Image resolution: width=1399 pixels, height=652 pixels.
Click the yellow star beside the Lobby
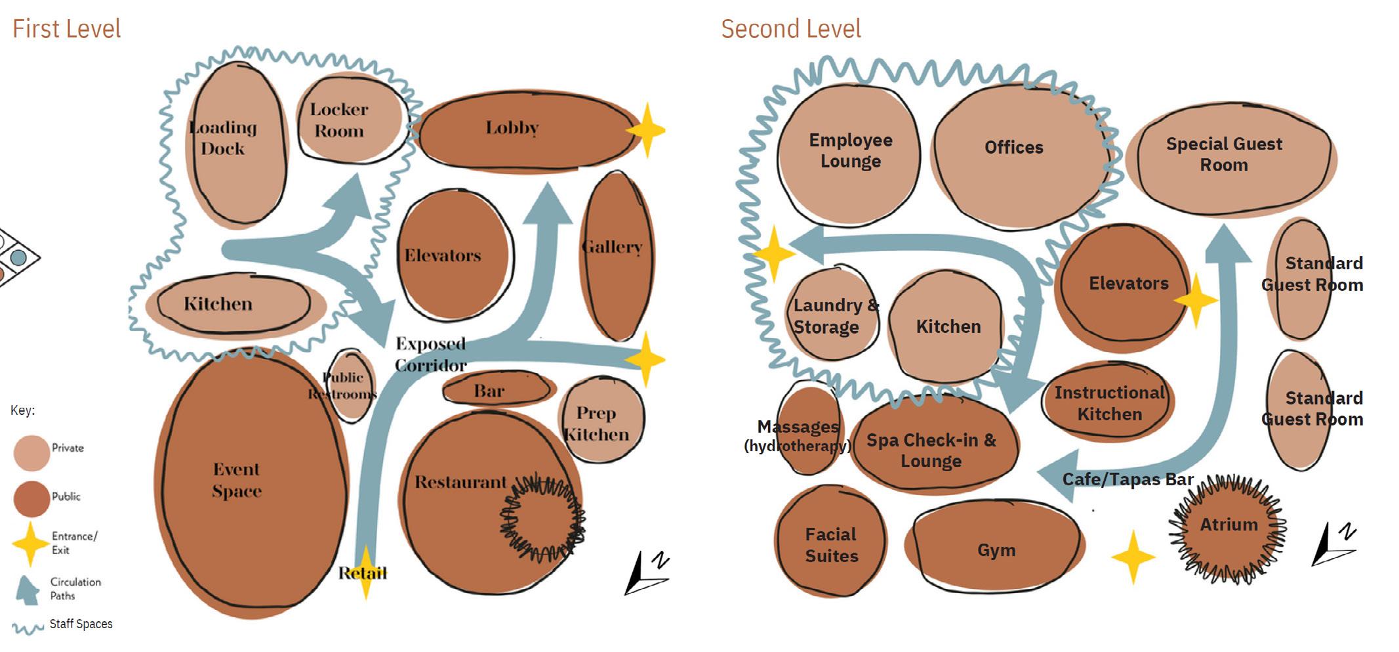click(647, 130)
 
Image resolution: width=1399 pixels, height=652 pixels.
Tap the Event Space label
click(237, 480)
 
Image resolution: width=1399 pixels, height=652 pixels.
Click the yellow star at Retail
click(365, 573)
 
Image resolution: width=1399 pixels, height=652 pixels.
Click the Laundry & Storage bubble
click(832, 315)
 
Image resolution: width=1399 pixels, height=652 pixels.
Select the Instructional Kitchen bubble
click(1108, 402)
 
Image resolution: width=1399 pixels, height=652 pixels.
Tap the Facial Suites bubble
click(831, 544)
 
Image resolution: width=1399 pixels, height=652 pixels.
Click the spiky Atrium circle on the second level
click(1228, 529)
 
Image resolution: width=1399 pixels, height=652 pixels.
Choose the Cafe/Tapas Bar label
click(1127, 480)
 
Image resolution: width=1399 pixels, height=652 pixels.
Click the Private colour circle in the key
click(31, 452)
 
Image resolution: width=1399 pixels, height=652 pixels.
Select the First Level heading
click(67, 30)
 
